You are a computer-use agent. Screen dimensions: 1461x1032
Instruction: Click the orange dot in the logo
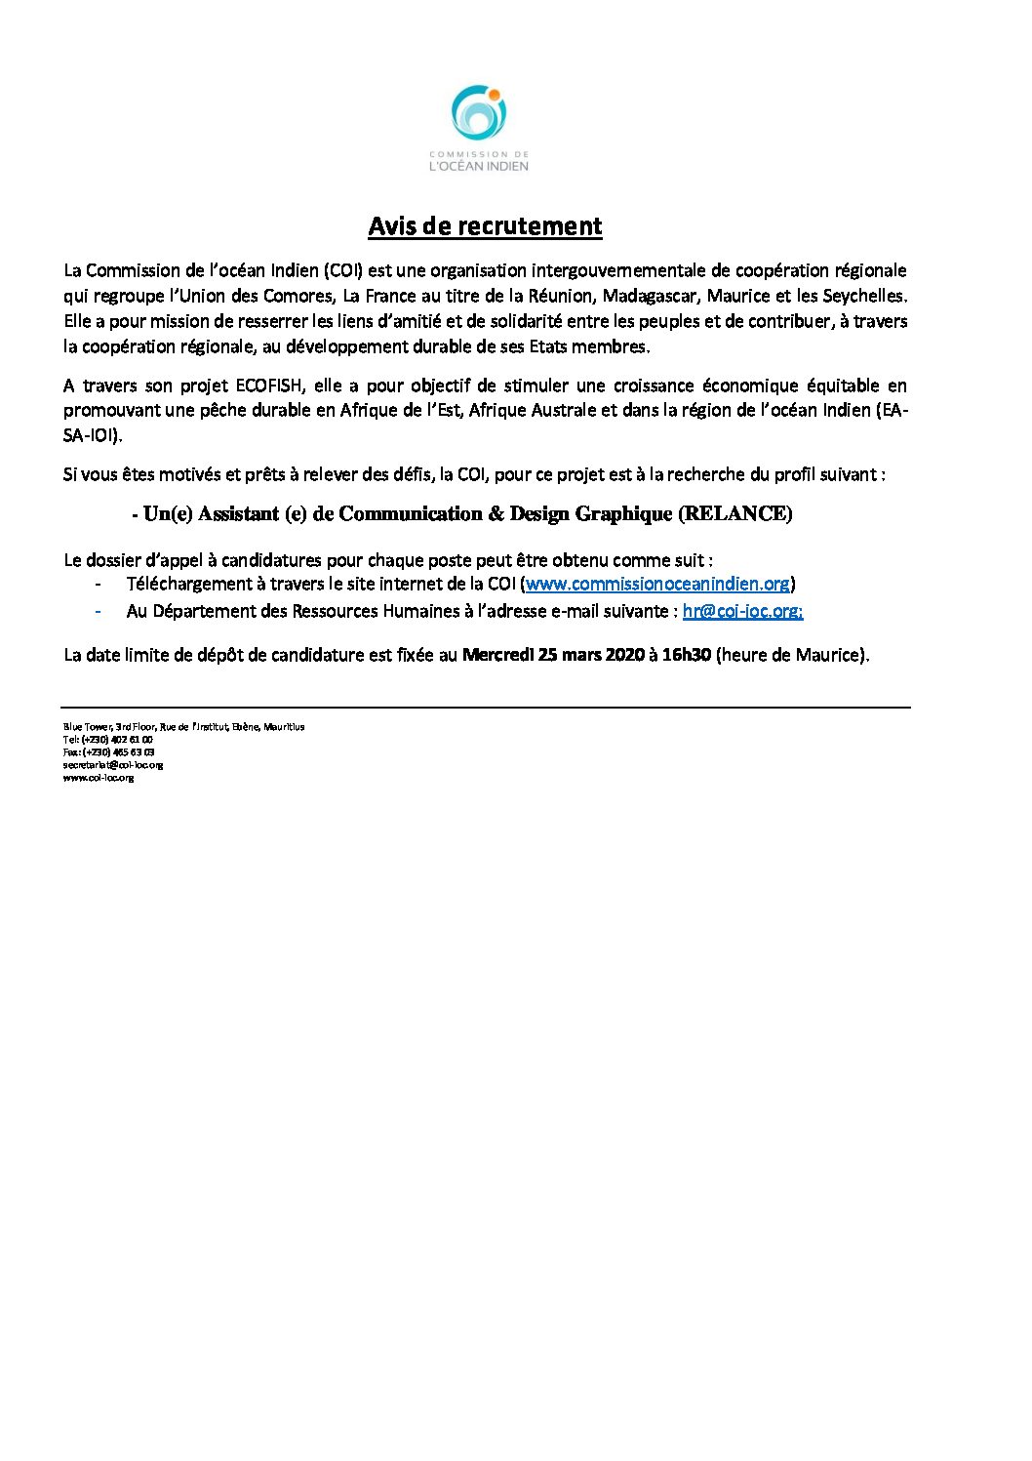495,95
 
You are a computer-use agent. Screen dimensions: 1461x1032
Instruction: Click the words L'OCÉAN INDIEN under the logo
479,166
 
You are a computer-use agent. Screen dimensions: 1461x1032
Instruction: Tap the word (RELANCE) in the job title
734,514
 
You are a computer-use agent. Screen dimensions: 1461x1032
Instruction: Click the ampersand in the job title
496,514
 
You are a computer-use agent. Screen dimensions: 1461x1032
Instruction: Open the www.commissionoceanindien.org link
657,584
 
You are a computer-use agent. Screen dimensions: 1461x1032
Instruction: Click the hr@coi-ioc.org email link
742,611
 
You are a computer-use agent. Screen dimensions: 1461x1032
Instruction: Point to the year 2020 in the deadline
625,655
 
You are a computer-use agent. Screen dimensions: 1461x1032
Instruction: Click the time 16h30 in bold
686,655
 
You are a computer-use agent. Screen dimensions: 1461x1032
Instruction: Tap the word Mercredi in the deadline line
497,655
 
